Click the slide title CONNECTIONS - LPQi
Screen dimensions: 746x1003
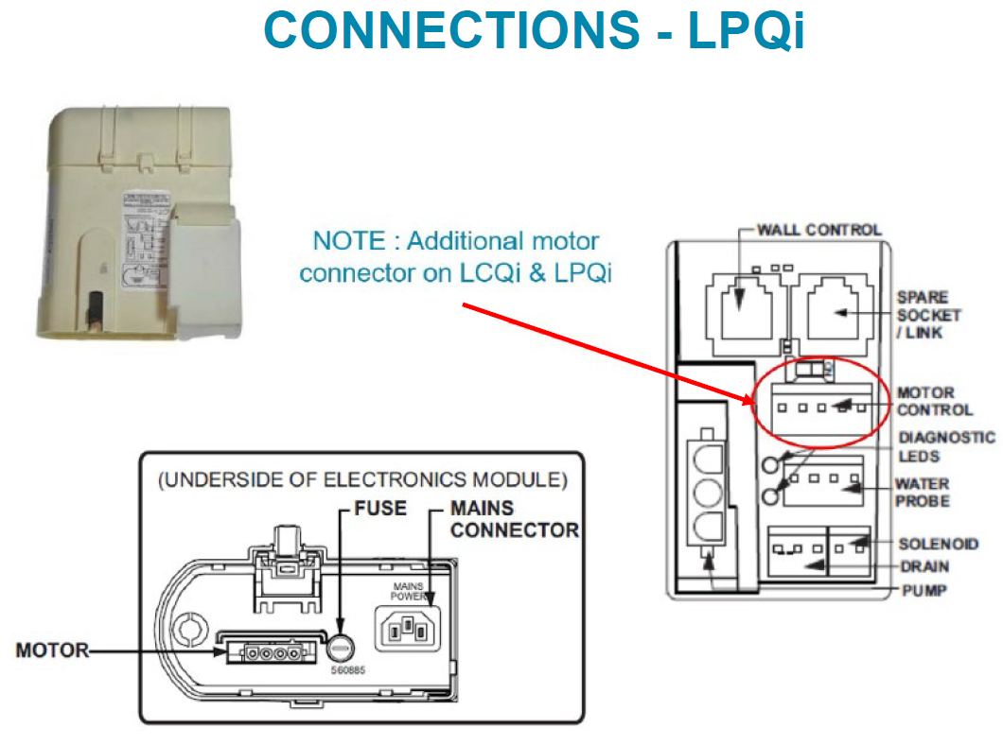pyautogui.click(x=534, y=31)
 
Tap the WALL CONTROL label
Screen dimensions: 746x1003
pyautogui.click(x=818, y=230)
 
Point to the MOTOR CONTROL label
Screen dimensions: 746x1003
pyautogui.click(x=934, y=401)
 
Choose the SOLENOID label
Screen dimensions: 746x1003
pyautogui.click(x=937, y=545)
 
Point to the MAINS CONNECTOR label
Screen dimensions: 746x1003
pyautogui.click(x=514, y=519)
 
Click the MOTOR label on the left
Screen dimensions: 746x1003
pyautogui.click(x=52, y=651)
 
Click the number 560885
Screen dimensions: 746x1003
pyautogui.click(x=346, y=669)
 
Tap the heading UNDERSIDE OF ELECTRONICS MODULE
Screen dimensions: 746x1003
pyautogui.click(x=363, y=479)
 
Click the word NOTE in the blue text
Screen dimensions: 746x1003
pyautogui.click(x=348, y=240)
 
